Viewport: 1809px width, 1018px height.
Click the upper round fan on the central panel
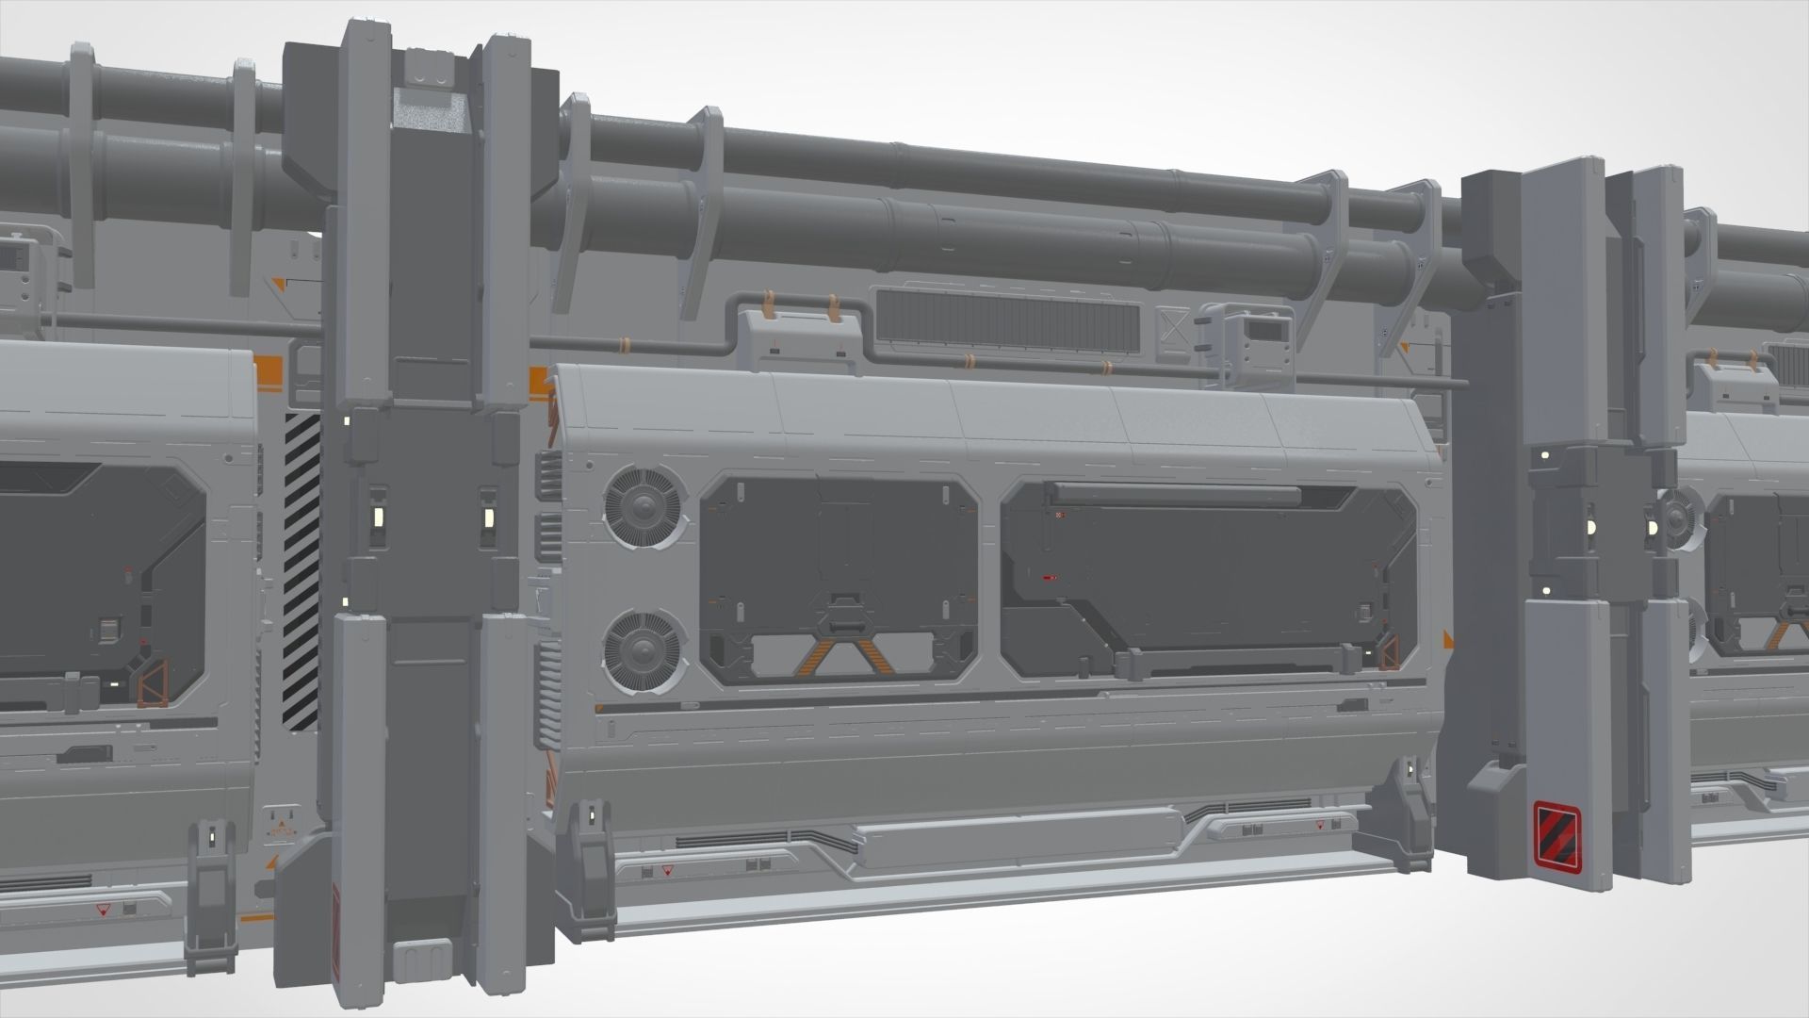click(x=645, y=506)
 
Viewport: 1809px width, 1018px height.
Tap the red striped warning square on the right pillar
click(x=1556, y=832)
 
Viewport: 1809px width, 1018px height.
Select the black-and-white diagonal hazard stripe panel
click(x=302, y=571)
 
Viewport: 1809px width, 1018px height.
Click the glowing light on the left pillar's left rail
click(x=376, y=516)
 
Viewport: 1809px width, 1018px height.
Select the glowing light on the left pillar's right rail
click(x=489, y=517)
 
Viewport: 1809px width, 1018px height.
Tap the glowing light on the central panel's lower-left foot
click(x=590, y=813)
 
